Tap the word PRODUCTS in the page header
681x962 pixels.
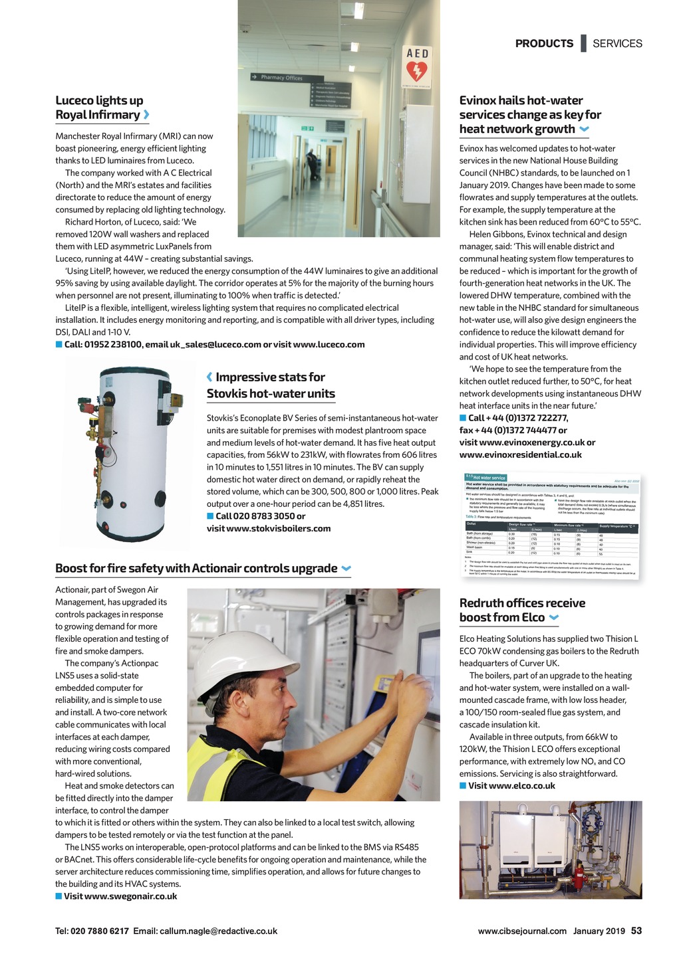point(544,43)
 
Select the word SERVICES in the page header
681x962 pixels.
point(617,43)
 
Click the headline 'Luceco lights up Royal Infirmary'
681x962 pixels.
point(100,108)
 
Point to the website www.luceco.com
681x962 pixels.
point(329,344)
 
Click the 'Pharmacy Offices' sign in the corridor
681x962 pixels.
point(281,78)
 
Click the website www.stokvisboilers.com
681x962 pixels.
point(269,528)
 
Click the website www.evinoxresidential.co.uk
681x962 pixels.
point(521,454)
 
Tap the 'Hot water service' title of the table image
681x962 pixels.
point(489,478)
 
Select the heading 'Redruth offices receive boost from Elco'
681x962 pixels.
point(522,610)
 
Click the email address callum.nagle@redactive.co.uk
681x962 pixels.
point(218,931)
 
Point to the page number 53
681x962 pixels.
point(636,931)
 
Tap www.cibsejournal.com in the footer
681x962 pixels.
point(522,931)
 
